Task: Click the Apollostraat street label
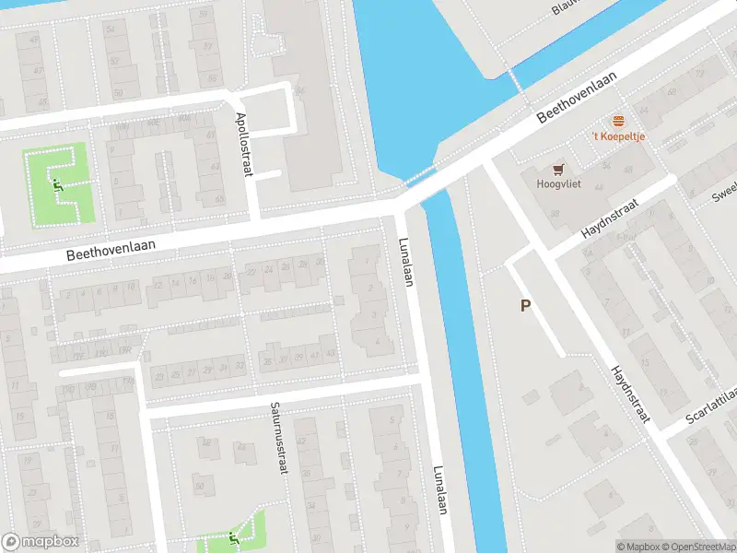243,135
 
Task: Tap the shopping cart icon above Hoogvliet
557,169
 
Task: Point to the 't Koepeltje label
618,137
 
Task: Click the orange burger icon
618,122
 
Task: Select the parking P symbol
525,306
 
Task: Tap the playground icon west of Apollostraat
58,183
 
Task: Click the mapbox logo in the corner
41,542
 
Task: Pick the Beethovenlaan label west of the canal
110,249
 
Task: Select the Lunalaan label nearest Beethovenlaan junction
405,263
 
